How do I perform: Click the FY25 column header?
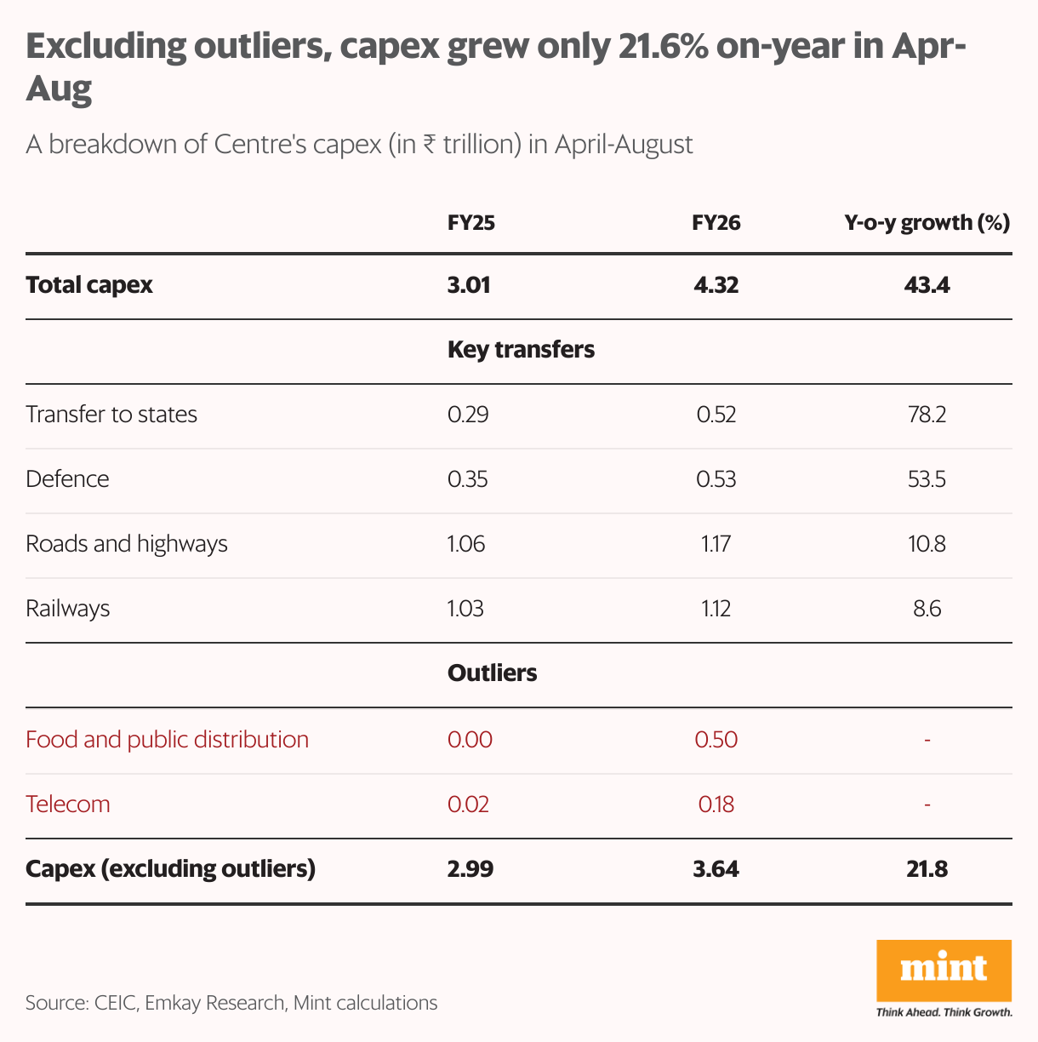click(x=471, y=223)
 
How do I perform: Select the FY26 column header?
click(x=716, y=223)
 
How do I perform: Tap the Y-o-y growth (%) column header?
click(x=927, y=223)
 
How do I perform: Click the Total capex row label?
click(x=89, y=285)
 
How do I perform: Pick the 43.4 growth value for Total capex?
click(x=927, y=285)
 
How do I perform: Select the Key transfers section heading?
click(x=521, y=350)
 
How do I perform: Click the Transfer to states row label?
click(x=111, y=415)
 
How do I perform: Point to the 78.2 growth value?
click(x=927, y=415)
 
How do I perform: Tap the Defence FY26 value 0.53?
click(x=716, y=479)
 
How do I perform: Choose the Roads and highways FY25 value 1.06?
click(x=466, y=544)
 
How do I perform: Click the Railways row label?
click(x=68, y=609)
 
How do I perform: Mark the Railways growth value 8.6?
click(x=927, y=609)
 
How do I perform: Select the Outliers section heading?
click(x=492, y=673)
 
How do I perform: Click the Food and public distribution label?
click(x=167, y=739)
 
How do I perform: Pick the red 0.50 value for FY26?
click(x=716, y=739)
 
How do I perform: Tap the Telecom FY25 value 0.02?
click(x=468, y=804)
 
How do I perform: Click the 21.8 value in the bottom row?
click(x=927, y=869)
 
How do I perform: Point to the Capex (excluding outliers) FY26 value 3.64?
click(x=716, y=869)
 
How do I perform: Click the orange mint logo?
click(x=944, y=970)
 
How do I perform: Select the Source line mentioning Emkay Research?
click(x=231, y=1003)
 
